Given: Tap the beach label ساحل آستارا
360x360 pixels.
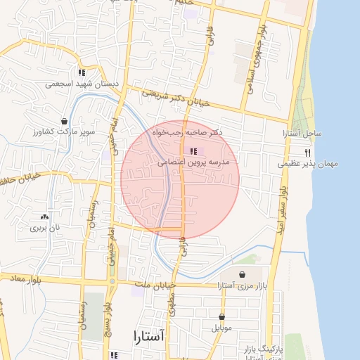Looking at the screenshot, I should click(302, 133).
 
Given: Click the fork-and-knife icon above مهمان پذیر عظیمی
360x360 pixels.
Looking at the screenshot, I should click(307, 153).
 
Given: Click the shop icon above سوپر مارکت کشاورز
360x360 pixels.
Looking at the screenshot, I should click(65, 120).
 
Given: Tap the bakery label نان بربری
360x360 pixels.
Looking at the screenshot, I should click(45, 228).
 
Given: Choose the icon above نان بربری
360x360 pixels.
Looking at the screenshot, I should click(46, 217).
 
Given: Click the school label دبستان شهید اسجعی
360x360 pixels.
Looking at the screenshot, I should click(82, 83).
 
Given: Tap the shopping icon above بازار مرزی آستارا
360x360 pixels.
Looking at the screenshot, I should click(243, 274).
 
